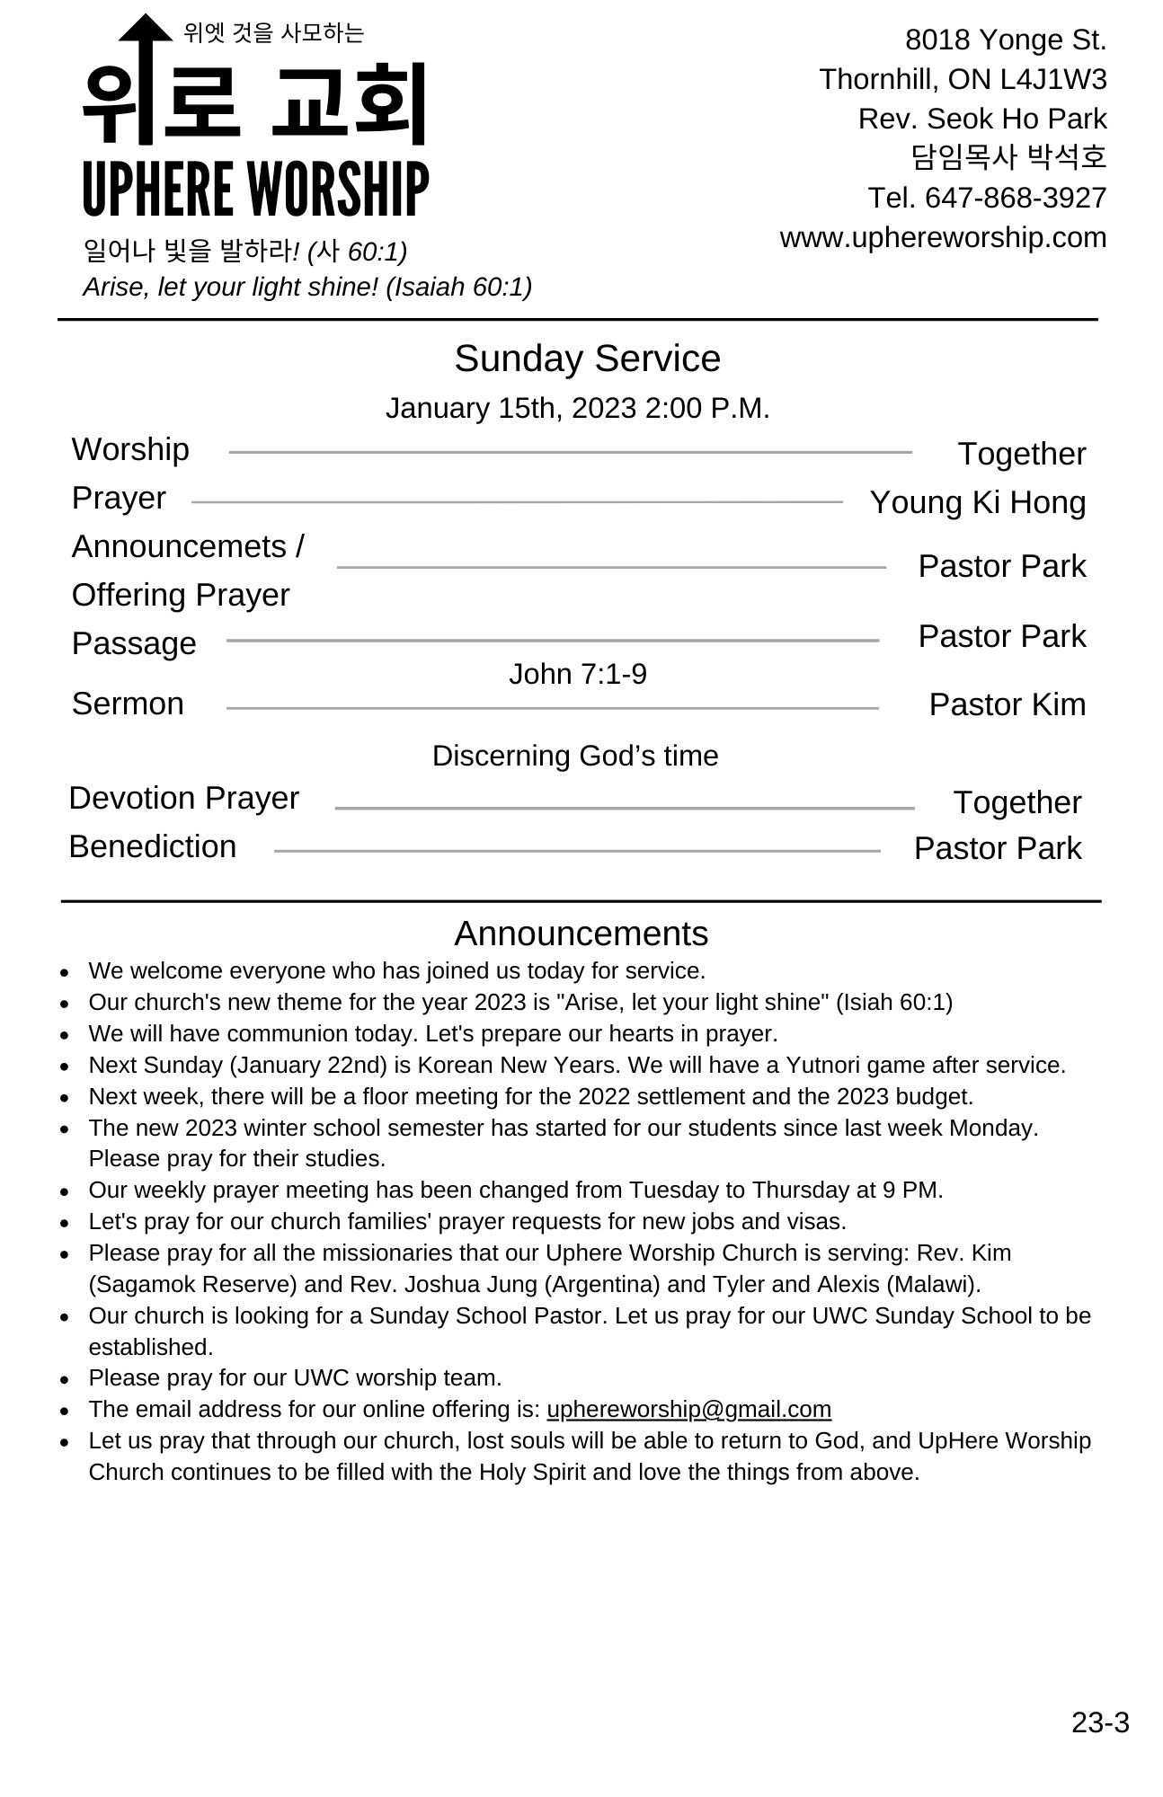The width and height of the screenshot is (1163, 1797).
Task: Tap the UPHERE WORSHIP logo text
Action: pos(255,190)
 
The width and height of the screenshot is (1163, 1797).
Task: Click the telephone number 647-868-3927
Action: pos(1015,198)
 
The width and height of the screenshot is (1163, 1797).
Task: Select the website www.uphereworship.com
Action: pos(943,237)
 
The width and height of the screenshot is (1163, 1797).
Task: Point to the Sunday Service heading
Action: pos(587,359)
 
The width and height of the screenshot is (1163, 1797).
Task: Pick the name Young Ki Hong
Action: pos(977,502)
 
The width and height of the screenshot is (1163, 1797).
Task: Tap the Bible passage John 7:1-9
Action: pos(577,674)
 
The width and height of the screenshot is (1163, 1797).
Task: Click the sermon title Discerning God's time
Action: pos(575,756)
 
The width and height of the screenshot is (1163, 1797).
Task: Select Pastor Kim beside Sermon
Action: pos(1007,704)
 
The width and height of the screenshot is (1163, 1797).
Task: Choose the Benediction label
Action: pos(153,846)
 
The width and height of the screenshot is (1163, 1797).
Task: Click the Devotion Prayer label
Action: pos(183,798)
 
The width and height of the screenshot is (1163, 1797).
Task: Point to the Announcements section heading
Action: pos(581,934)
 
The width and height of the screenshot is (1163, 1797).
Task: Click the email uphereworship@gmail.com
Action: pos(688,1409)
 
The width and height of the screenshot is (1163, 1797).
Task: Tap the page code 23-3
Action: pos(1100,1722)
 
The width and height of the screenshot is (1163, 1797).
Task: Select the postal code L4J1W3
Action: pos(1052,79)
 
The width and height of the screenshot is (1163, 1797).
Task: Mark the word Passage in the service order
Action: pos(134,643)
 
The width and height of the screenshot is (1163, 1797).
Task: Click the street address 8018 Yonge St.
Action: pos(1005,40)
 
